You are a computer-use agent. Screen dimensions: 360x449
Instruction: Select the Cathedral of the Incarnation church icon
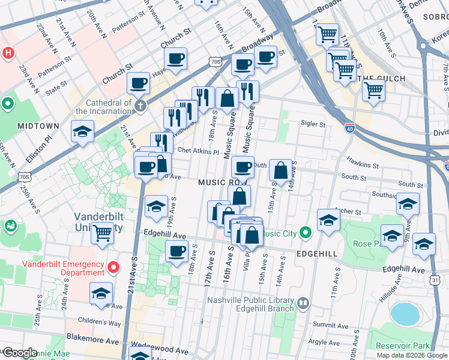coord(140,106)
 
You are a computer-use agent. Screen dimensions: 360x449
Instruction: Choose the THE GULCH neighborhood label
coord(381,79)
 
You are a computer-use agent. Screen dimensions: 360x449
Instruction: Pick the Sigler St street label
coord(313,125)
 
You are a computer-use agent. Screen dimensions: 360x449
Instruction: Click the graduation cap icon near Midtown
coord(83,132)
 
